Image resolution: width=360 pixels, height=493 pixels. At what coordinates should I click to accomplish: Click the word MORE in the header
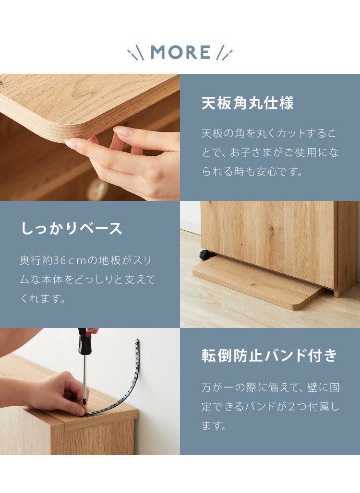coord(180,52)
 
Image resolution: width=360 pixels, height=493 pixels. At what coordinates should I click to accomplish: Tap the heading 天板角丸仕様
coord(247,103)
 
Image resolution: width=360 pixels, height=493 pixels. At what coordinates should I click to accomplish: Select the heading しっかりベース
coord(71,228)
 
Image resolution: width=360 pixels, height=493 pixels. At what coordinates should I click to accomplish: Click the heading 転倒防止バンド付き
coord(269,356)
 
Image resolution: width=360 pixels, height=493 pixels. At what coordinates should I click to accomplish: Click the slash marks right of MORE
coord(224,53)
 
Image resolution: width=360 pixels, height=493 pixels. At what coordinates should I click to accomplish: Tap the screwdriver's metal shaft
coord(84,379)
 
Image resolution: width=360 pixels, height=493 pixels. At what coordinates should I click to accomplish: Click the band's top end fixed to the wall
coord(137,343)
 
